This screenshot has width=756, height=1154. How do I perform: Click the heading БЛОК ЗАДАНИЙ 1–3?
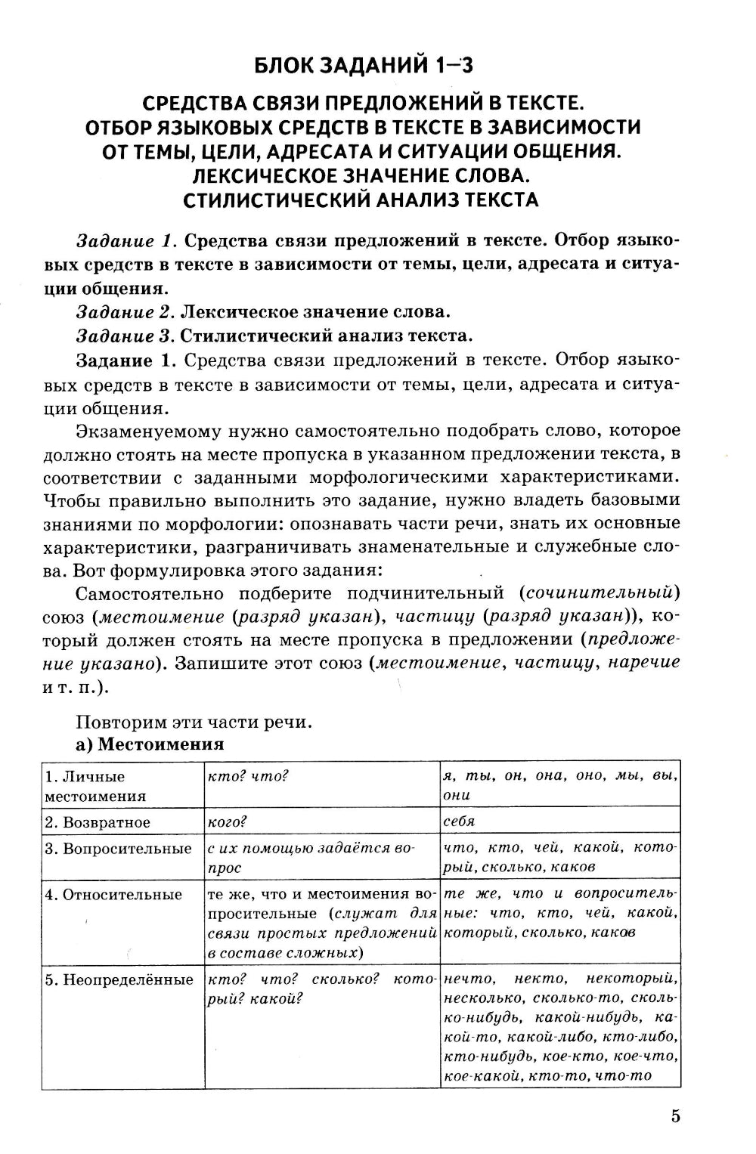click(363, 66)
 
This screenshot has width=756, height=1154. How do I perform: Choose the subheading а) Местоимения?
click(150, 744)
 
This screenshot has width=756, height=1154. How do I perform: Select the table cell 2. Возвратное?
click(98, 822)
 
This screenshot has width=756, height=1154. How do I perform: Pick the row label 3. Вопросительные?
click(118, 849)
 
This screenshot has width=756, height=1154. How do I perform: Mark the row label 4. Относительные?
click(113, 895)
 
